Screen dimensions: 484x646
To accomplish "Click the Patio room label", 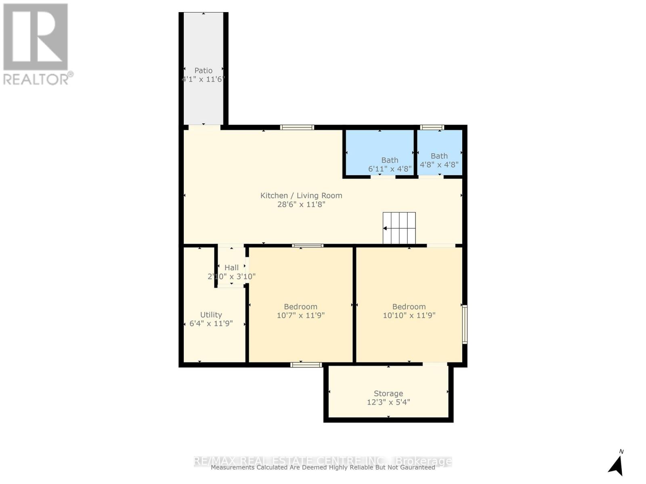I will (203, 70).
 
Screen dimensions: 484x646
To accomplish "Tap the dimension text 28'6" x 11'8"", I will (301, 204).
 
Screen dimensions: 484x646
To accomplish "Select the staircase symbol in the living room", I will (399, 228).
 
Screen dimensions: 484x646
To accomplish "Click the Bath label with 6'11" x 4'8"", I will (390, 160).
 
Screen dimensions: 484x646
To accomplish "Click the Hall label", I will (231, 267).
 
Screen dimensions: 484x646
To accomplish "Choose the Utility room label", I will (211, 315).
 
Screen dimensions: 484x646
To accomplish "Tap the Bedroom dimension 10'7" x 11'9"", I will (300, 315).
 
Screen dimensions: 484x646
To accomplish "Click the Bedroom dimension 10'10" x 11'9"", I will (409, 315).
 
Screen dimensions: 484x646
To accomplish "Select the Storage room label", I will (388, 393).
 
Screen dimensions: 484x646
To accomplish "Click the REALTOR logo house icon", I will (36, 37).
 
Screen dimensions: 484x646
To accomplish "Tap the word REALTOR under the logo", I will (36, 79).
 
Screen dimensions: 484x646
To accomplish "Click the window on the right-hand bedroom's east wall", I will (465, 325).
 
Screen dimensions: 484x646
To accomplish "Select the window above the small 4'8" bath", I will (432, 127).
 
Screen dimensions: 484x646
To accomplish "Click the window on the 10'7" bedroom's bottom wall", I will (306, 365).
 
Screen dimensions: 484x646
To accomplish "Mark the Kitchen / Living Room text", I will (301, 196).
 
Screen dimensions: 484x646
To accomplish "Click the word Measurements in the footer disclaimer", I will (233, 467).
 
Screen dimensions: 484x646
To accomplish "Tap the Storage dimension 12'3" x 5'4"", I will (388, 402).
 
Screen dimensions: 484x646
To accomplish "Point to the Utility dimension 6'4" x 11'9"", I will (211, 323).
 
